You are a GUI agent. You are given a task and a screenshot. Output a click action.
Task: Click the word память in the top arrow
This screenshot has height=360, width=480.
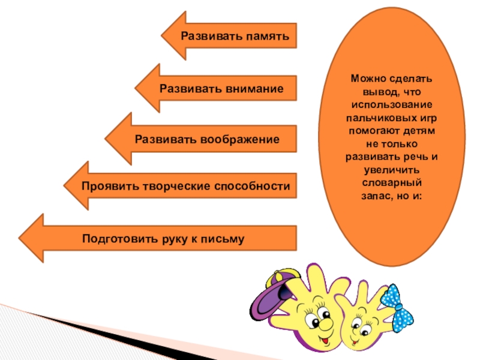(268, 37)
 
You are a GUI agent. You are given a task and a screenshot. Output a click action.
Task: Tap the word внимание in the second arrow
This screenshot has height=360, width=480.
(254, 88)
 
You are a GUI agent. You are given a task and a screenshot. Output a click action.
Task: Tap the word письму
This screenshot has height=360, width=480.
(226, 239)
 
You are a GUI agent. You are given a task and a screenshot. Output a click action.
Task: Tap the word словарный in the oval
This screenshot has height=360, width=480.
(392, 181)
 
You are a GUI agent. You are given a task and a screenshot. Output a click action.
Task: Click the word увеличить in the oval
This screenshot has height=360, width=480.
(392, 169)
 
